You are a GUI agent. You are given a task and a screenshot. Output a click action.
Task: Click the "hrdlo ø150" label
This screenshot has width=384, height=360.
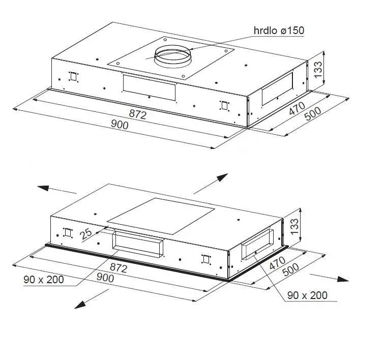click(x=279, y=31)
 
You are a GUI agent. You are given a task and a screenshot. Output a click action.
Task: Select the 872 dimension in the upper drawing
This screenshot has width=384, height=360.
click(x=138, y=114)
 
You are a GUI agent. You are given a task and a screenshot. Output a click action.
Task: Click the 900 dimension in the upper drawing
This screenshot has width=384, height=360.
click(x=120, y=125)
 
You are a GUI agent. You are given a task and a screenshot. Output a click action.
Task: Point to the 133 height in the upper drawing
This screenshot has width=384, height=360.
click(x=318, y=70)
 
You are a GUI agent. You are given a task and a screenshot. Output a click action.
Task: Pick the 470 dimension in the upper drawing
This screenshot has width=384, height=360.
click(x=297, y=108)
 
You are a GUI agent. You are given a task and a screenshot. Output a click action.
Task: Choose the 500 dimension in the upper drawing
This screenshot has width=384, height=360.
click(x=313, y=114)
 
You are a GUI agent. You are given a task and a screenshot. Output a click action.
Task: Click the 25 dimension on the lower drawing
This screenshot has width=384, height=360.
click(x=86, y=233)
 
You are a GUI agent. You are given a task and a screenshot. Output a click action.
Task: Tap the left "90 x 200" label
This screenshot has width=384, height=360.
click(x=44, y=280)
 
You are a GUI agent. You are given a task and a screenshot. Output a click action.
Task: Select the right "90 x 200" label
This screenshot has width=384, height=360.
click(x=307, y=295)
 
